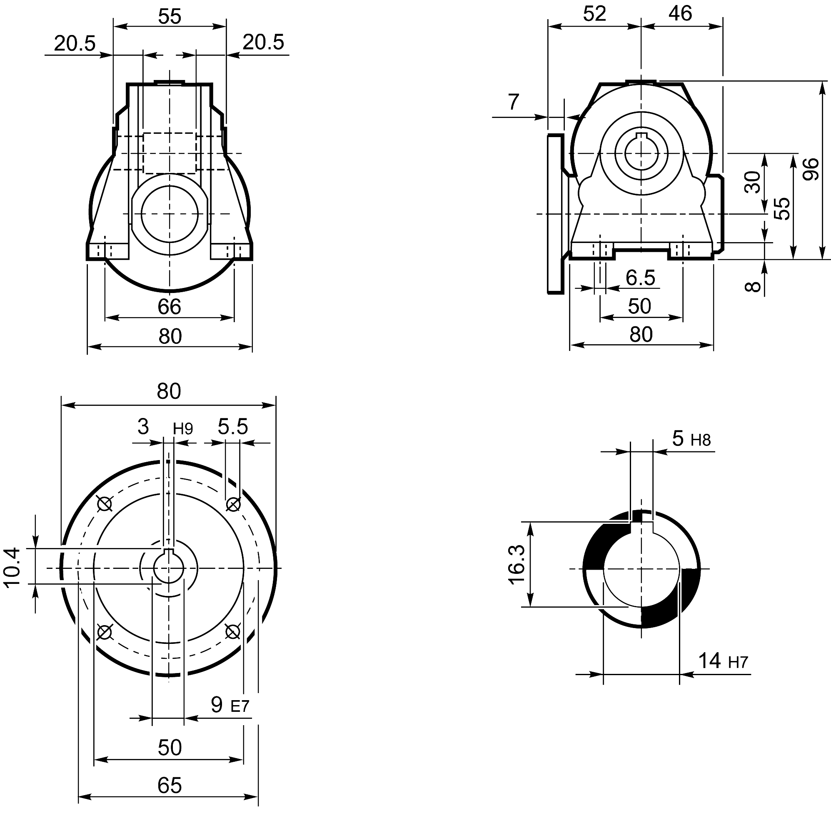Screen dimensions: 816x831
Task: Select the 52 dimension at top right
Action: point(594,14)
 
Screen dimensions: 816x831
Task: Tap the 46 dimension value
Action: point(680,14)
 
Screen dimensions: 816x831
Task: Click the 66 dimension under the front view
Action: point(169,307)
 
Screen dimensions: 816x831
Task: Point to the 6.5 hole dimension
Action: point(640,278)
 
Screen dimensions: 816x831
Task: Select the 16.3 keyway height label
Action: point(517,564)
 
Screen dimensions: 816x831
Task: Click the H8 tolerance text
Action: point(701,440)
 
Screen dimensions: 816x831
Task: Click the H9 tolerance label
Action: point(183,428)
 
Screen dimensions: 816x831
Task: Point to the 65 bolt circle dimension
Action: point(170,786)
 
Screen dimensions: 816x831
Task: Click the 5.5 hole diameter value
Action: point(232,427)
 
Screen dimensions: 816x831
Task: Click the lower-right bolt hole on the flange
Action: point(232,631)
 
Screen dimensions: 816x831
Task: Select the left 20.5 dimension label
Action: point(75,44)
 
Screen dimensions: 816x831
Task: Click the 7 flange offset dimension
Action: point(513,102)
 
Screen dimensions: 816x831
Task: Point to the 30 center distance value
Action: point(753,182)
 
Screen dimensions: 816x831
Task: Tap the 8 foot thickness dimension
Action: point(753,286)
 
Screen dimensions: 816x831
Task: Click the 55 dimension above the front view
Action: point(170,17)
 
